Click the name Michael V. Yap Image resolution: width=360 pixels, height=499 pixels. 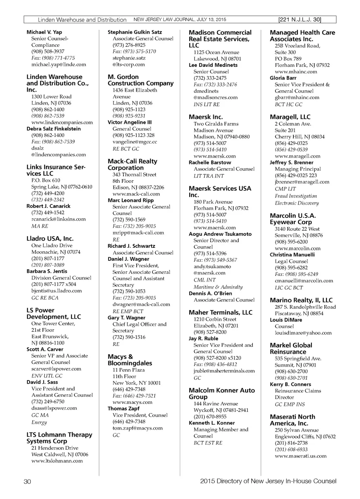pyautogui.click(x=44, y=32)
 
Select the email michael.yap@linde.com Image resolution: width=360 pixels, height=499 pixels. pyautogui.click(x=58, y=64)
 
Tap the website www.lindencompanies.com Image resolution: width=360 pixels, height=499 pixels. pyautogui.click(x=62, y=122)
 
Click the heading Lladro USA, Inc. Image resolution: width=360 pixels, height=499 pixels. pyautogui.click(x=50, y=239)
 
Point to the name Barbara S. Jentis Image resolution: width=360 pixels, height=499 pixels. pyautogui.click(x=47, y=271)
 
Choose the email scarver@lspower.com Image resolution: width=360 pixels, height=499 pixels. pyautogui.click(x=56, y=369)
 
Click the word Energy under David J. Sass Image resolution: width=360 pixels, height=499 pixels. pyautogui.click(x=39, y=422)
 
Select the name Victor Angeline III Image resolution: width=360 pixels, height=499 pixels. pyautogui.click(x=129, y=122)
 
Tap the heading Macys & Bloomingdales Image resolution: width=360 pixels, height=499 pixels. pyautogui.click(x=130, y=360)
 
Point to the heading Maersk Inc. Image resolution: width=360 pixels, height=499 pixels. pyautogui.click(x=206, y=117)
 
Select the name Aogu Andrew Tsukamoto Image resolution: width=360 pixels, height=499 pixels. pyautogui.click(x=220, y=234)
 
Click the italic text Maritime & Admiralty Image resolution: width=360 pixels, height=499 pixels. pyautogui.click(x=218, y=287)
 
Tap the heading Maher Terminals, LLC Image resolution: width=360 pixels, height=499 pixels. pyautogui.click(x=220, y=312)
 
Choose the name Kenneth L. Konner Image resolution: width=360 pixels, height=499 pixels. pyautogui.click(x=212, y=423)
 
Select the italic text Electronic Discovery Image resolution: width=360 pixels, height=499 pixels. pyautogui.click(x=297, y=203)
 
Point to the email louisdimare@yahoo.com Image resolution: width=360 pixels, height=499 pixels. pyautogui.click(x=303, y=333)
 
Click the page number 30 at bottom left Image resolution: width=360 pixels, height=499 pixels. pyautogui.click(x=27, y=481)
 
